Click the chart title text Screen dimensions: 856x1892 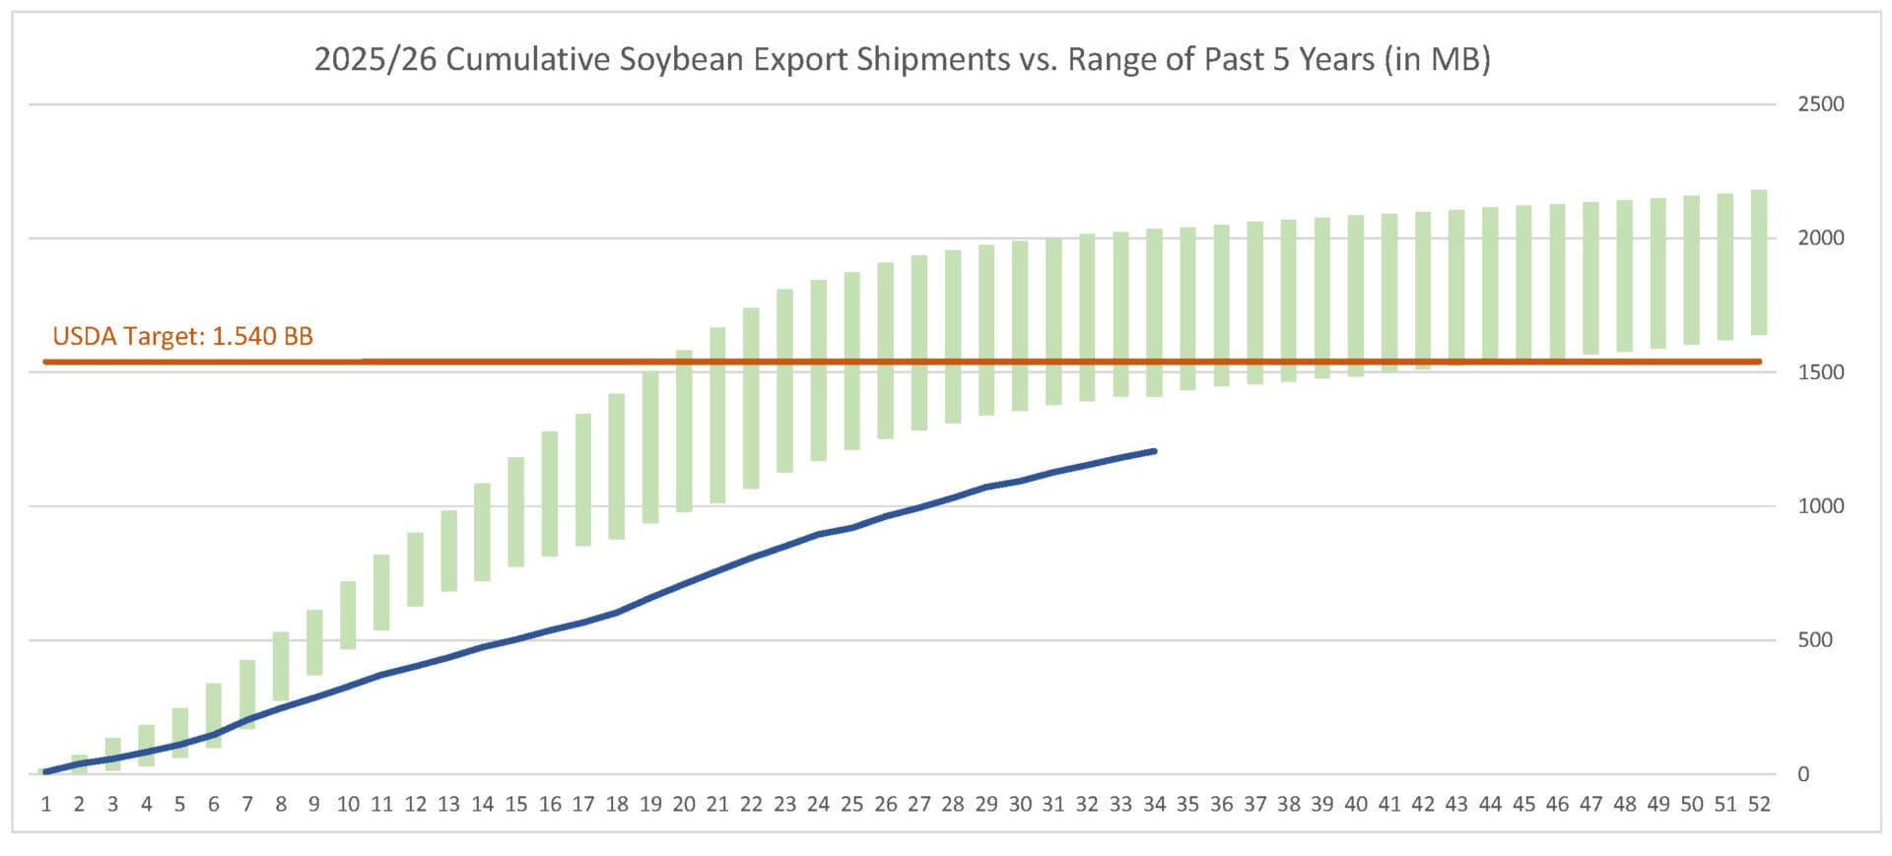pyautogui.click(x=902, y=60)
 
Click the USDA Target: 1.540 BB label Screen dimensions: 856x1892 pyautogui.click(x=182, y=337)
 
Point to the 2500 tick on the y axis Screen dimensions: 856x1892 pyautogui.click(x=1820, y=104)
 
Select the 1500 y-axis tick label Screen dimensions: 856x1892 pyautogui.click(x=1820, y=372)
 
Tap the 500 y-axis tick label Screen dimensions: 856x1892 pyautogui.click(x=1814, y=640)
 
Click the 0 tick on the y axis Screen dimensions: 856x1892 pyautogui.click(x=1802, y=774)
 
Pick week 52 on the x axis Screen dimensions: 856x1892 pyautogui.click(x=1758, y=805)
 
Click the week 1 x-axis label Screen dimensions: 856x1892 pyautogui.click(x=46, y=805)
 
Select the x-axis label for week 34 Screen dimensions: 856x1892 pyautogui.click(x=1154, y=805)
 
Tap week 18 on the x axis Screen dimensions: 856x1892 pyautogui.click(x=617, y=805)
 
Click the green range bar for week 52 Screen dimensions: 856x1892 pyautogui.click(x=1758, y=262)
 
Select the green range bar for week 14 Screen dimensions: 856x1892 pyautogui.click(x=482, y=532)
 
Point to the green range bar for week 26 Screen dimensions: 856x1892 pyautogui.click(x=886, y=351)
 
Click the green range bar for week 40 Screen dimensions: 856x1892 pyautogui.click(x=1356, y=296)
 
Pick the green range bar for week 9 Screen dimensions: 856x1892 pyautogui.click(x=314, y=642)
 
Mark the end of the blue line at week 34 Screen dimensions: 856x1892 pyautogui.click(x=1154, y=451)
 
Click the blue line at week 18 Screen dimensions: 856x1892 pyautogui.click(x=617, y=612)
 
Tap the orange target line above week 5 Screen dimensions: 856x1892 pyautogui.click(x=180, y=362)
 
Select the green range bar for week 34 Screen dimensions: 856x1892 pyautogui.click(x=1154, y=312)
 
